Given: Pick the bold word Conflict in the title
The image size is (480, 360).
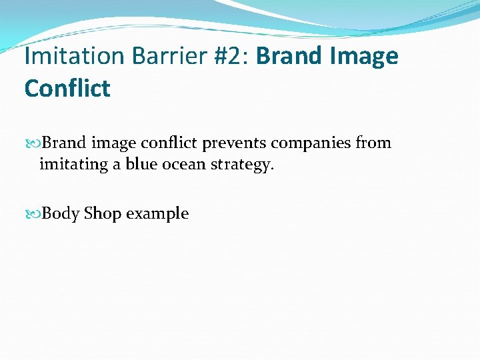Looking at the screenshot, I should (67, 89).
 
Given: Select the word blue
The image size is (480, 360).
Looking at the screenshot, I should (140, 164).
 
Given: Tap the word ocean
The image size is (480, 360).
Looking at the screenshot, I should (183, 164).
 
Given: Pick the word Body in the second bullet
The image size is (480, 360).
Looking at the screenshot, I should (61, 215).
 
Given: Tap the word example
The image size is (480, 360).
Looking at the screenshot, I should (157, 215).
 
